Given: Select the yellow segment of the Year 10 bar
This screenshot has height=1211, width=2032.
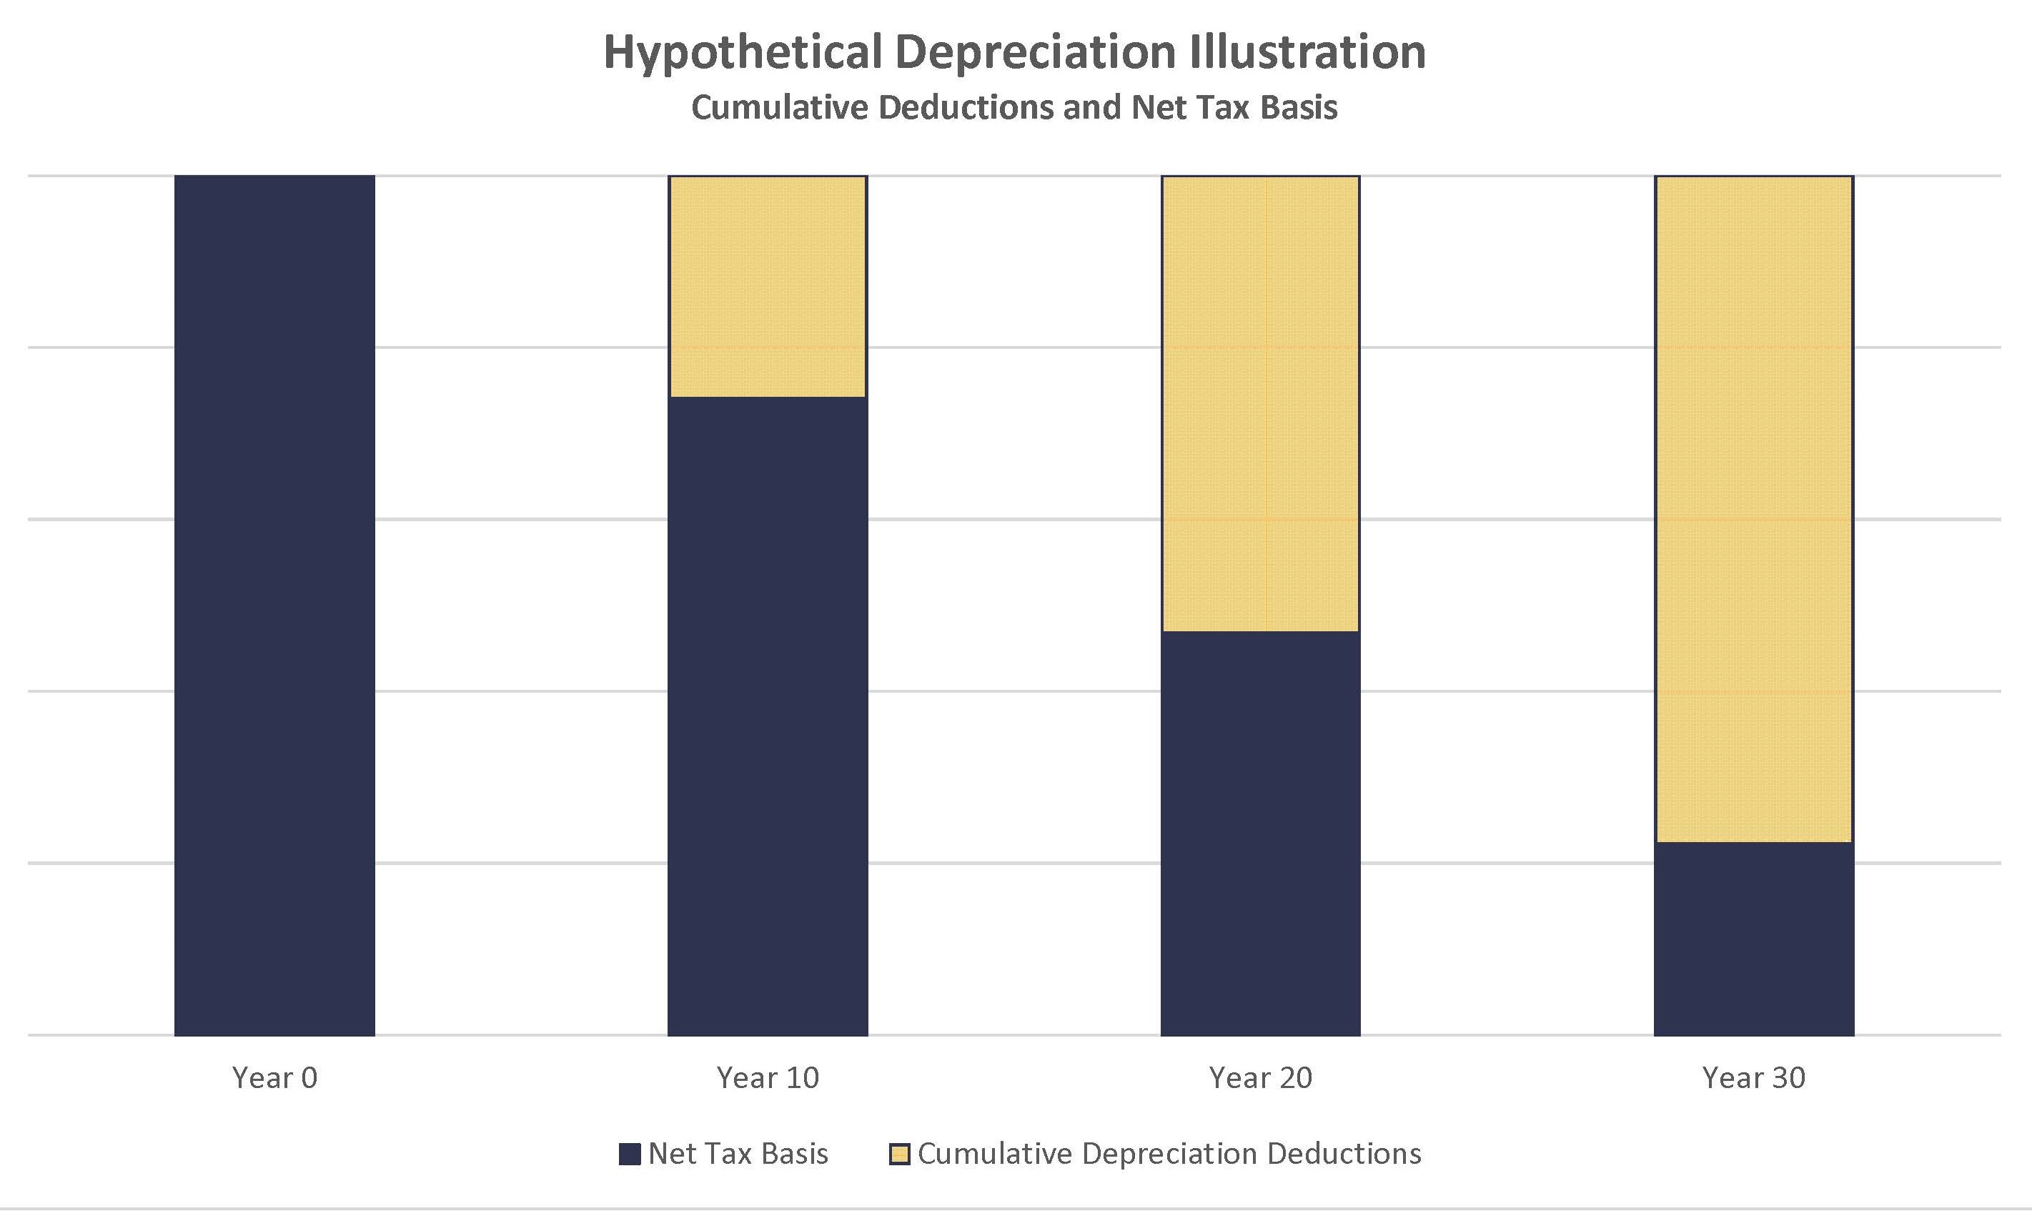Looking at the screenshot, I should tap(768, 287).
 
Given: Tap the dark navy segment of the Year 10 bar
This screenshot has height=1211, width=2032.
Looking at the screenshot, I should tap(768, 716).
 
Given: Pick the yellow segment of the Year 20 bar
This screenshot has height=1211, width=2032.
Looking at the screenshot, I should tap(1260, 403).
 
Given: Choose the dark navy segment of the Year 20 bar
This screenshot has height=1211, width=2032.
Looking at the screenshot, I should tap(1260, 833).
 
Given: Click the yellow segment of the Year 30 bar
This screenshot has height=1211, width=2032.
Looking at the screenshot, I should tap(1754, 508).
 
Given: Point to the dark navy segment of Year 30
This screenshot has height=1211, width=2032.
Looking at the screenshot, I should tap(1754, 939).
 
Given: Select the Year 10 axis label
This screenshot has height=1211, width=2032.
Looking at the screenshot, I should tap(768, 1078).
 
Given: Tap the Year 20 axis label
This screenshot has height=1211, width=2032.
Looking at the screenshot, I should tap(1260, 1078).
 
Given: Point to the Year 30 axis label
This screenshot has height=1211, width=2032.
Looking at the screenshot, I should tap(1754, 1078).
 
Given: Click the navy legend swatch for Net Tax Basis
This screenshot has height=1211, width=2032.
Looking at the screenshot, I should tap(630, 1154).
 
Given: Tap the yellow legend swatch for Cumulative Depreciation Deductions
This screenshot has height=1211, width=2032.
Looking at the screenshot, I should tap(899, 1154).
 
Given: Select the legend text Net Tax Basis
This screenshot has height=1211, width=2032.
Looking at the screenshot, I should tap(738, 1154).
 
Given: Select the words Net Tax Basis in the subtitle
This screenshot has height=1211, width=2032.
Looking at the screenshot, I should tap(1234, 108).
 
